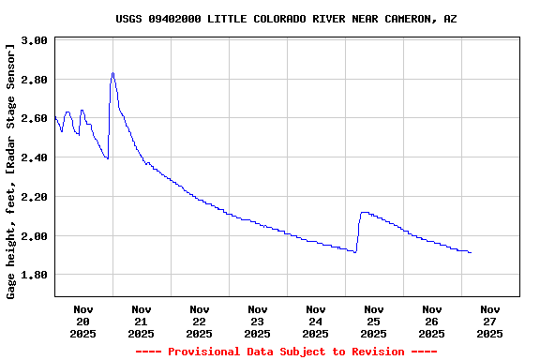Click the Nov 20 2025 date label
(x=82, y=321)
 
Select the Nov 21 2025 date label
(x=141, y=321)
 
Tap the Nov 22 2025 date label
(x=199, y=321)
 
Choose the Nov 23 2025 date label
(x=257, y=321)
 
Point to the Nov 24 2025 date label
(x=315, y=321)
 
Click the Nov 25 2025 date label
(x=373, y=321)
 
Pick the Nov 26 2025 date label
(x=431, y=321)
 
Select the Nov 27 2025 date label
(x=489, y=321)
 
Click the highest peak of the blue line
(x=112, y=73)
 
